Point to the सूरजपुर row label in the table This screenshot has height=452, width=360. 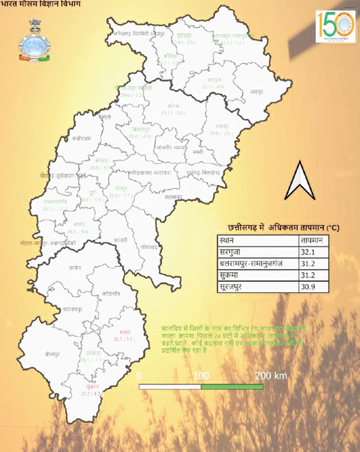[234, 289]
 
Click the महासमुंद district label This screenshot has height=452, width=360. [173, 196]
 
